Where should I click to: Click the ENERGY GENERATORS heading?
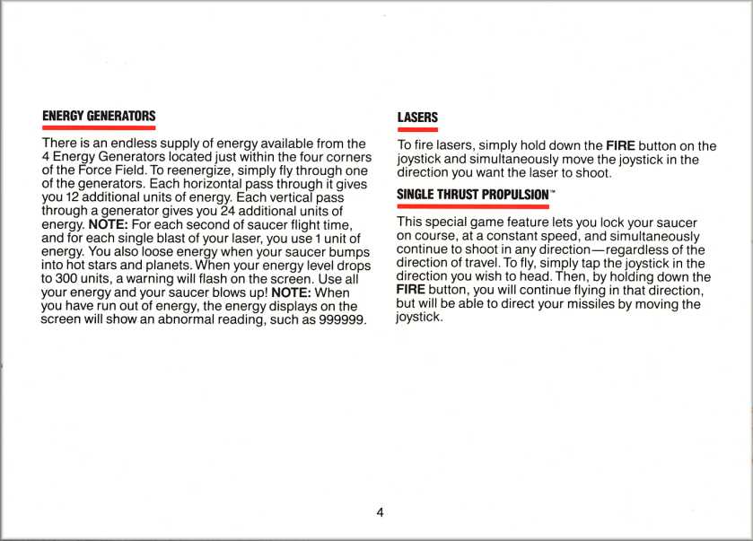[x=99, y=117]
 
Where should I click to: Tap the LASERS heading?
[x=417, y=118]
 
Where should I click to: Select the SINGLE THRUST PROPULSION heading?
[x=472, y=194]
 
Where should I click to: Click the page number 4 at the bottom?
[x=380, y=512]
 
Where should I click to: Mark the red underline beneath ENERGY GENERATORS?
[x=99, y=128]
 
